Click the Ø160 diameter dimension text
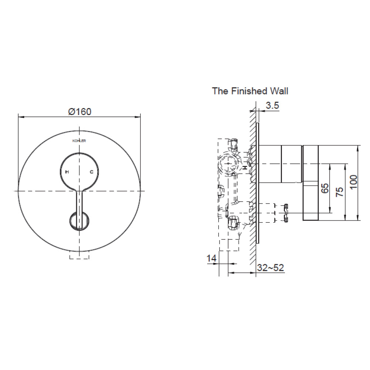click(x=80, y=111)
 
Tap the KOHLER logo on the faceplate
click(x=79, y=140)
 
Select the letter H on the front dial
click(x=67, y=172)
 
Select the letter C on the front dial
click(x=91, y=172)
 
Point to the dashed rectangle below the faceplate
click(x=79, y=256)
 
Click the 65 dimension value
click(x=325, y=188)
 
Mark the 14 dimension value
click(x=211, y=259)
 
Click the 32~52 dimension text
click(x=271, y=268)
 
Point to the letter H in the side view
click(x=245, y=168)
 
